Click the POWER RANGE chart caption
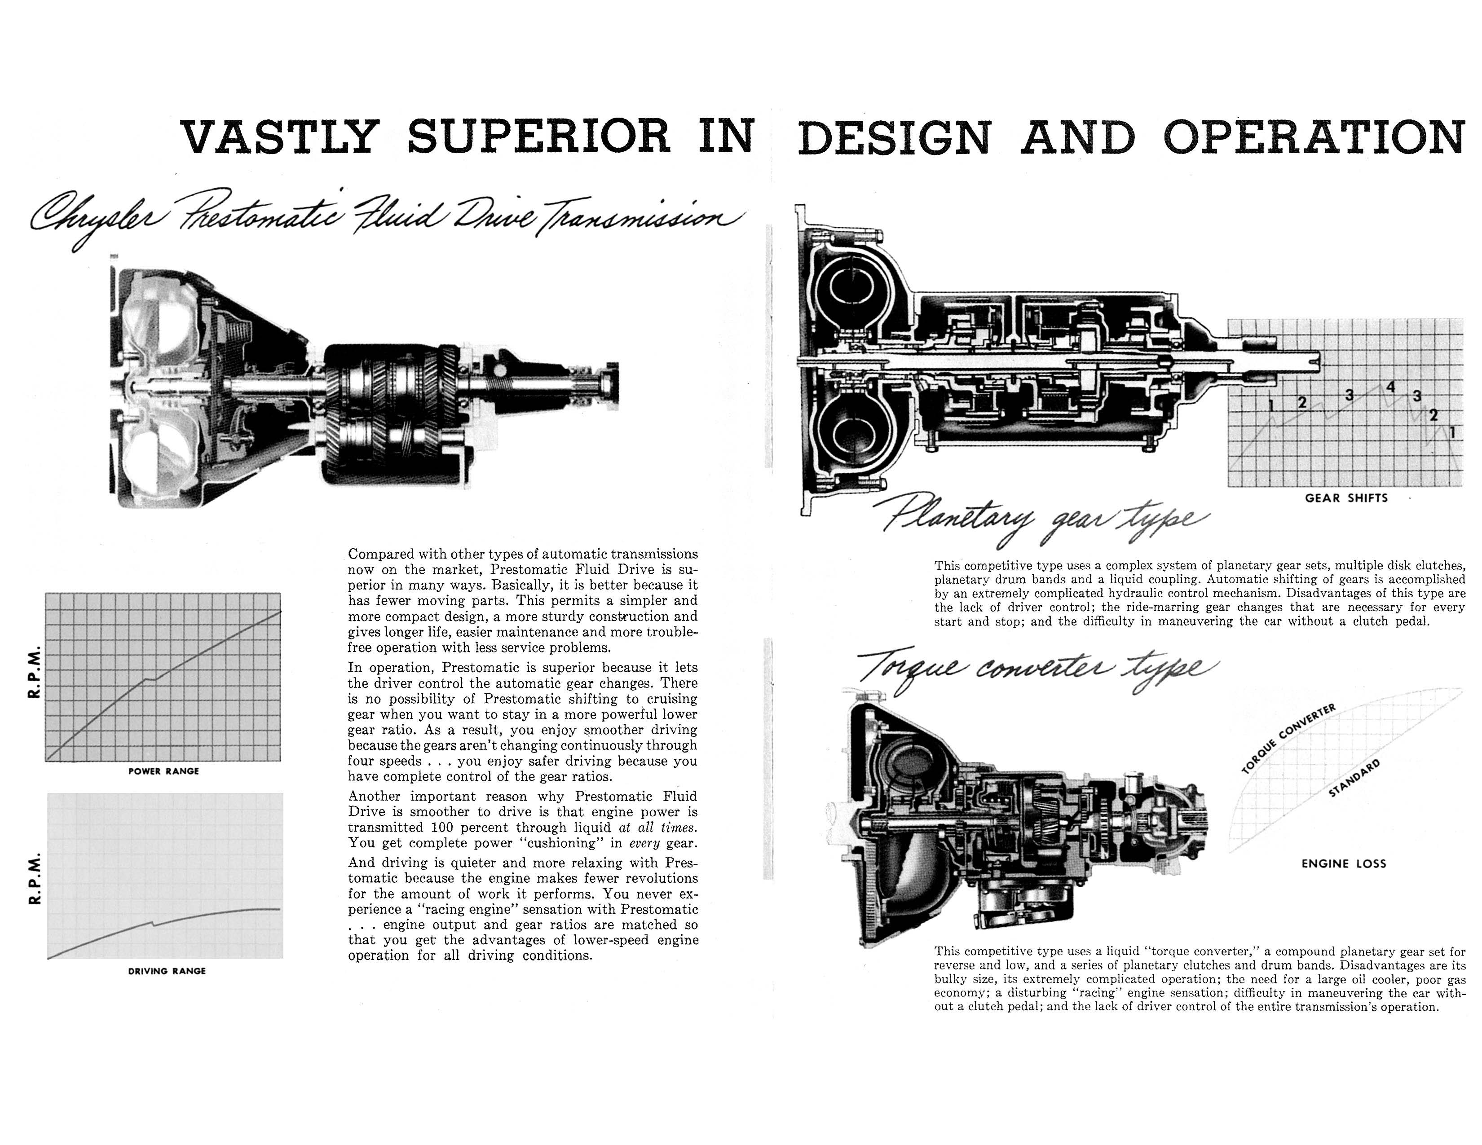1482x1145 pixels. tap(163, 771)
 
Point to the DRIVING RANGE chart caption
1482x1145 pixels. tap(167, 971)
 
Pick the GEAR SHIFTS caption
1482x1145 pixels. tap(1346, 498)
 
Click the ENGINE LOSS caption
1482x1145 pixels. tap(1344, 863)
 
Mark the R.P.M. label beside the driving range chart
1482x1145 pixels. tap(35, 878)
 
